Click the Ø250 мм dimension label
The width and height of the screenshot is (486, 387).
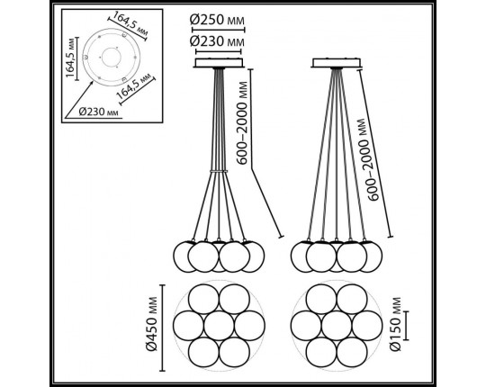217,20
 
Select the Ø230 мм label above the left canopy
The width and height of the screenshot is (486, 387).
217,41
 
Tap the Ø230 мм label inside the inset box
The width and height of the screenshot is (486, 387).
98,112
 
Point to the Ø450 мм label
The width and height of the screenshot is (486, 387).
152,324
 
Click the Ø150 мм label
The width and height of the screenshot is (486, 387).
395,324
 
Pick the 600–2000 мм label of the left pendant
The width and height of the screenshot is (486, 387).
242,122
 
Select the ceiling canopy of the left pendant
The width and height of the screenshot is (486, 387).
219,63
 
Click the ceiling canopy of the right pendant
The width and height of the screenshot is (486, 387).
337,63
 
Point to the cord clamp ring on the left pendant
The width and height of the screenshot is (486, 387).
219,171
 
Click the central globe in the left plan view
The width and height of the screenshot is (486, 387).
219,325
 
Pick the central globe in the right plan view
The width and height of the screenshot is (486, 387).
337,325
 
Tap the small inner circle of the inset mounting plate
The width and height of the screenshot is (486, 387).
112,58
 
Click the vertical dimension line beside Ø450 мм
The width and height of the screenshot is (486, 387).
162,328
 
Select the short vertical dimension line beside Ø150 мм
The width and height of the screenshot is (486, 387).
407,325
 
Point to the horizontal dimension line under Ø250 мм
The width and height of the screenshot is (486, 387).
219,30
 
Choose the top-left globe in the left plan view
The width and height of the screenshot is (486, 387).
203,299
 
